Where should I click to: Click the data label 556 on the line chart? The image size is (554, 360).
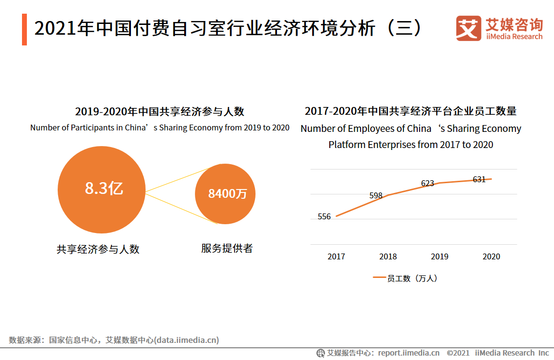coord(324,216)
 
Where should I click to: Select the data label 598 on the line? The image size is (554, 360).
coord(376,195)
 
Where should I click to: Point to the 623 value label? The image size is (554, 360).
coord(427,183)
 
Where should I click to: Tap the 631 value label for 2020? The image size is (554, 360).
coord(479,179)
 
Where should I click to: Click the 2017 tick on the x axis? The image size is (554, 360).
coord(336,256)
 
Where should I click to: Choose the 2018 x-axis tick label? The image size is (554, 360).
coord(388,256)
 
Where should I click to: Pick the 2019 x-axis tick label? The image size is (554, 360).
coord(440,256)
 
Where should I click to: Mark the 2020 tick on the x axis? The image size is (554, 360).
coord(491,256)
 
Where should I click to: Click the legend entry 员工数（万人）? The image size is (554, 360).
coord(405,278)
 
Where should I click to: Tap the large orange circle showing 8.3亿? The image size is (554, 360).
coord(102,190)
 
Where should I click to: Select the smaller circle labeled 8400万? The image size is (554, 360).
coord(225,194)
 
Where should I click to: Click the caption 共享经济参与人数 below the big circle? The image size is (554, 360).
coord(98,249)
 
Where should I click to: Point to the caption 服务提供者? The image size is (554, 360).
coord(227,248)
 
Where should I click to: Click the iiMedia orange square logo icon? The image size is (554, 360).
coord(468,28)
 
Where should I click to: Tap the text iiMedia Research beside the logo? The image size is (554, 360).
coord(514,37)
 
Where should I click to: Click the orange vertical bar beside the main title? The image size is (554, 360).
coord(24,30)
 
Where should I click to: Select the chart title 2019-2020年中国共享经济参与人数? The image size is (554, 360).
coord(160,111)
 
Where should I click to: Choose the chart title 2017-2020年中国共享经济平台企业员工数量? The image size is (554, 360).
coord(410,111)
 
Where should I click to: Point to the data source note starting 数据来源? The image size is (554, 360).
coord(114,340)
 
